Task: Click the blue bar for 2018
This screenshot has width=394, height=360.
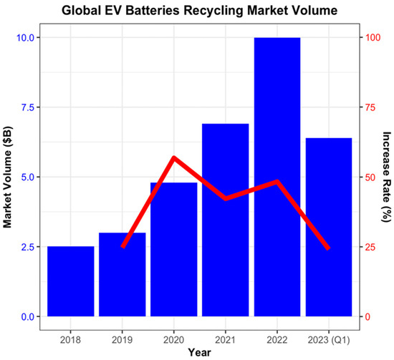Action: [70, 281]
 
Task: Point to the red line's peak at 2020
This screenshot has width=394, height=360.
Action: [173, 157]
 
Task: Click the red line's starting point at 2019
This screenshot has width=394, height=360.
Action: [122, 247]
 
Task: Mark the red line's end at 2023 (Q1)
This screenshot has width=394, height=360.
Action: [328, 248]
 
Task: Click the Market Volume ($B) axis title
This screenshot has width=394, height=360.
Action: [9, 177]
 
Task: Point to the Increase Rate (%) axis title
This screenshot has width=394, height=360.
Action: [386, 177]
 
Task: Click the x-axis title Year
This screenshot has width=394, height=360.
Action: [199, 352]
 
